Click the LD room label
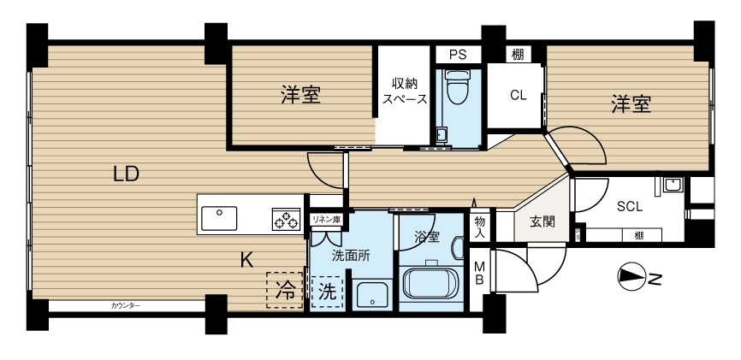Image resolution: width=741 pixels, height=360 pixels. (x=126, y=174)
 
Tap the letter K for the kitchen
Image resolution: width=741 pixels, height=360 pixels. (x=246, y=261)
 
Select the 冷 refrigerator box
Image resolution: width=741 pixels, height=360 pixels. (x=286, y=290)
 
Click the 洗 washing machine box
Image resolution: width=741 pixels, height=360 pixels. (x=326, y=290)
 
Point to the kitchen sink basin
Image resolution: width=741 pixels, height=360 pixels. (x=220, y=214)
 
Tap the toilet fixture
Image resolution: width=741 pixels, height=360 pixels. (x=457, y=88)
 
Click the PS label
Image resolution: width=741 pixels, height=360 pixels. (x=457, y=55)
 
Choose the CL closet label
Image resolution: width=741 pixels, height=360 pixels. (x=518, y=95)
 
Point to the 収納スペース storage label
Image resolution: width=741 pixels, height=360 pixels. (x=404, y=91)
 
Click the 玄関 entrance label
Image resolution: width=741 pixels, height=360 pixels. (x=542, y=222)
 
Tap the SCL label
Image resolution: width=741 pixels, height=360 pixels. (x=630, y=205)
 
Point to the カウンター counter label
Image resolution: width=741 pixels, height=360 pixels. (x=126, y=305)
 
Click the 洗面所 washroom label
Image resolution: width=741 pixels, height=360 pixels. (x=351, y=254)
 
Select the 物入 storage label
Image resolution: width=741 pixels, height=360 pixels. (x=480, y=227)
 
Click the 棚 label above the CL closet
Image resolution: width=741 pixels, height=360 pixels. (x=518, y=55)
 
